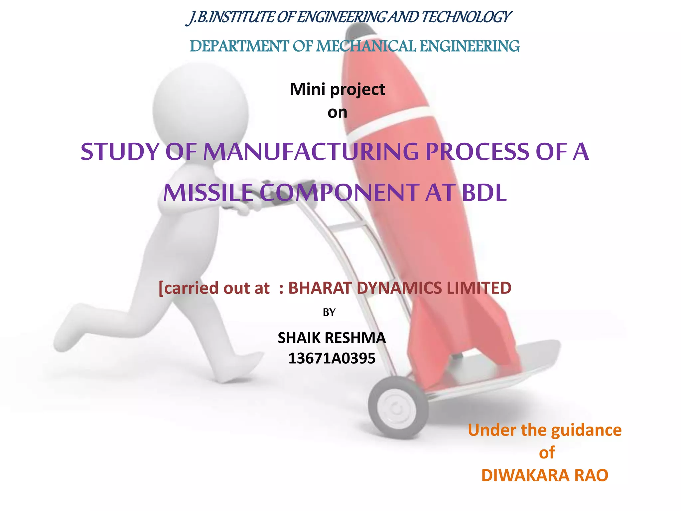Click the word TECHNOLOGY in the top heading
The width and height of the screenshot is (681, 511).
point(466,17)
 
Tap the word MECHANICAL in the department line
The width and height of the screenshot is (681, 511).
point(366,46)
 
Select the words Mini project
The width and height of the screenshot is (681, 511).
point(337,89)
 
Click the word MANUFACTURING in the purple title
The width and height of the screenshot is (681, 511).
point(311,152)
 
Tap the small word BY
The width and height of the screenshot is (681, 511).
point(329,312)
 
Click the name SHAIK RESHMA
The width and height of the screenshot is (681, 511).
point(332,338)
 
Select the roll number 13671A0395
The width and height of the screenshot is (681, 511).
point(332,358)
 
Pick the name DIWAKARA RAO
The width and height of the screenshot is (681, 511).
point(544,475)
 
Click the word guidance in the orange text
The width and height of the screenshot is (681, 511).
point(586,430)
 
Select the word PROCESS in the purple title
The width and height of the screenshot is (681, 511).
point(477,152)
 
